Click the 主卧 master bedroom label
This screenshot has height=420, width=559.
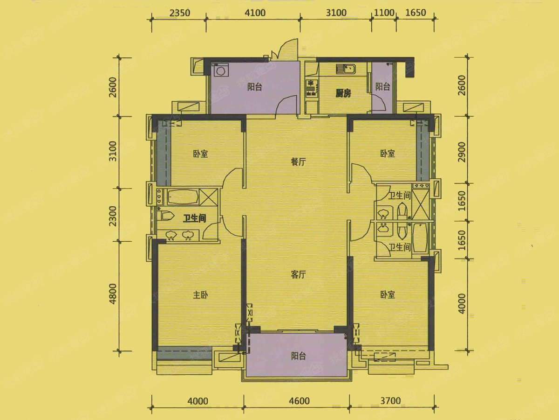(x=200, y=295)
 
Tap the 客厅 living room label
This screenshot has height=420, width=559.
(x=298, y=274)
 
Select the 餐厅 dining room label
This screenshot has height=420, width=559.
(x=298, y=161)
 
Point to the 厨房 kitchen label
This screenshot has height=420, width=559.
(x=343, y=94)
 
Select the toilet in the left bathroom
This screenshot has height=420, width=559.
(x=165, y=216)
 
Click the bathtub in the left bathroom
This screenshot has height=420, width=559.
(x=183, y=197)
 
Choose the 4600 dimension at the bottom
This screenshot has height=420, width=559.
(x=299, y=401)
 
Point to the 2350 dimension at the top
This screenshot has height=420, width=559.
(x=180, y=13)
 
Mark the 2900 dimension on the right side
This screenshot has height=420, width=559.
(x=462, y=152)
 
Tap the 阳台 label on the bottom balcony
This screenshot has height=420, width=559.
(x=298, y=356)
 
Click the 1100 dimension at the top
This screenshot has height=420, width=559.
(x=384, y=13)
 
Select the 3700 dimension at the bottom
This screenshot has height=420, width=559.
(x=390, y=401)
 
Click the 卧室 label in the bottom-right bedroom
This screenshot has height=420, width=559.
(x=388, y=295)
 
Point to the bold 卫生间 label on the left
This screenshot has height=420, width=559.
(x=195, y=218)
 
